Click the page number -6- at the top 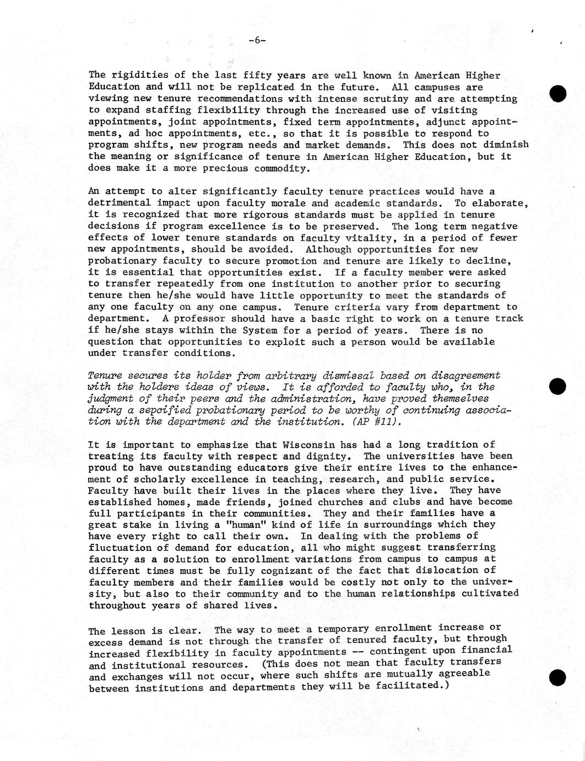257,40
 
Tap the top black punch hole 557,94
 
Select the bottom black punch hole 557,678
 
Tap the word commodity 278,168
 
